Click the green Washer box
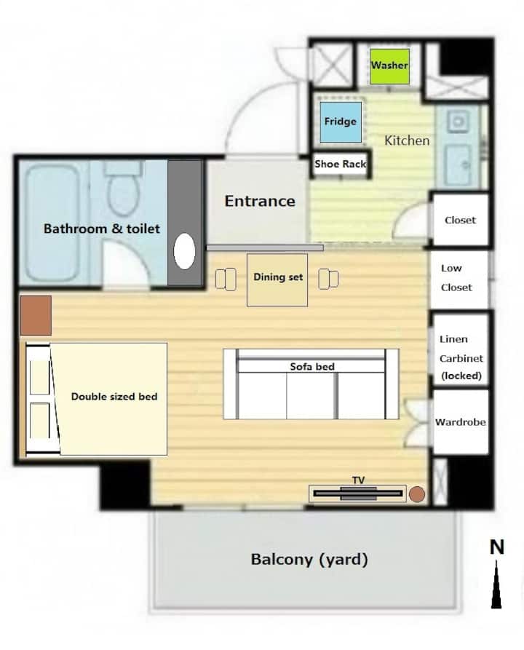pyautogui.click(x=389, y=66)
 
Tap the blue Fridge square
pyautogui.click(x=341, y=122)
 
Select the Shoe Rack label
pyautogui.click(x=341, y=165)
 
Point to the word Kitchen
pyautogui.click(x=407, y=140)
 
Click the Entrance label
pyautogui.click(x=260, y=201)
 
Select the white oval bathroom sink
pyautogui.click(x=184, y=251)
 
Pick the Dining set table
pyautogui.click(x=277, y=280)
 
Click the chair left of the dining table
pyautogui.click(x=226, y=279)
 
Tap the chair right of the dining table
pyautogui.click(x=328, y=279)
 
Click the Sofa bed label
pyautogui.click(x=312, y=366)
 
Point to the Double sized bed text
pyautogui.click(x=114, y=397)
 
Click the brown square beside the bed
pyautogui.click(x=36, y=315)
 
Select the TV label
pyautogui.click(x=359, y=480)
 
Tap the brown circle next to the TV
pyautogui.click(x=417, y=494)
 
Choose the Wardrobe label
pyautogui.click(x=460, y=422)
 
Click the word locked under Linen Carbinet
pyautogui.click(x=461, y=376)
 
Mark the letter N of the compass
pyautogui.click(x=497, y=547)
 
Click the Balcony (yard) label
pyautogui.click(x=309, y=560)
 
